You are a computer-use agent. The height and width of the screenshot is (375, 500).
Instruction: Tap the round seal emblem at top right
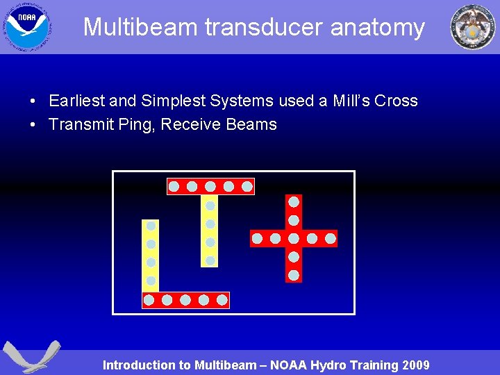(x=473, y=26)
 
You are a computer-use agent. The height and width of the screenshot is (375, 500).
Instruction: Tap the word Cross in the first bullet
(x=396, y=101)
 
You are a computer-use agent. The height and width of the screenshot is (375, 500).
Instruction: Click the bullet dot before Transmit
(x=33, y=126)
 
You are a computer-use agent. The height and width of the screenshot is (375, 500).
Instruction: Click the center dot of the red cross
(x=294, y=239)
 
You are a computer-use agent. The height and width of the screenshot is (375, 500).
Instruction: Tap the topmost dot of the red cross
(x=294, y=202)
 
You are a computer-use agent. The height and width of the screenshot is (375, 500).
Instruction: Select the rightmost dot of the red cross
(x=331, y=239)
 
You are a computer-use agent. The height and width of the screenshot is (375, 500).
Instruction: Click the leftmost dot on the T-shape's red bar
(x=174, y=186)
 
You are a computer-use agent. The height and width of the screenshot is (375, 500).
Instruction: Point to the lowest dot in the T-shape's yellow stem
(x=210, y=260)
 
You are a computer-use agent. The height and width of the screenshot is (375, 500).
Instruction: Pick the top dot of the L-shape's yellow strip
(x=151, y=226)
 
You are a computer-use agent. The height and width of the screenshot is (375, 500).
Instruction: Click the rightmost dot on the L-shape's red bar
(x=222, y=300)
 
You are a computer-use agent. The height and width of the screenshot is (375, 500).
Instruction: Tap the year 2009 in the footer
(x=415, y=365)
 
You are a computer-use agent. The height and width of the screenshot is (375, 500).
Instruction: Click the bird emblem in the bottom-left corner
(x=30, y=357)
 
